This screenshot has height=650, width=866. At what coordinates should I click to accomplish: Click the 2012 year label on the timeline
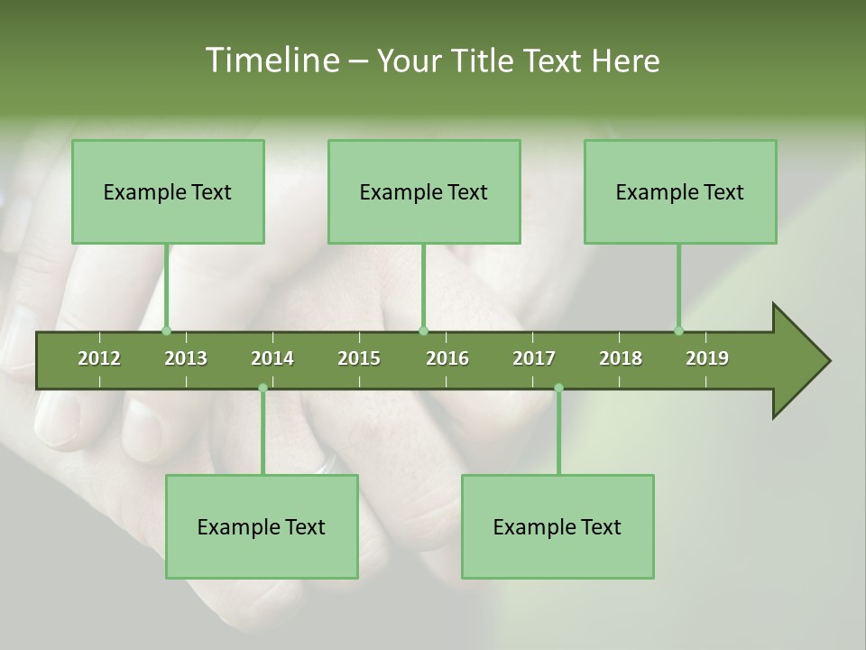[99, 358]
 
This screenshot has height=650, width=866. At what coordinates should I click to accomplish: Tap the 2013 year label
[186, 358]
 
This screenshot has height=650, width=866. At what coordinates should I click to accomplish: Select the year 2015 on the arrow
[359, 358]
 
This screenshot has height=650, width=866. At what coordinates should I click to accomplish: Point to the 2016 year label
[447, 358]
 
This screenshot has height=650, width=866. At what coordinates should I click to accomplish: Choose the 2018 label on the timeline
[621, 358]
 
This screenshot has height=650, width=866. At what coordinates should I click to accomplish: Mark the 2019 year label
[707, 358]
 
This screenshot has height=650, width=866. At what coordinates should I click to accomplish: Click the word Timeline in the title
[271, 60]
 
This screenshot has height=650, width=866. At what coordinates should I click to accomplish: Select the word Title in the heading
[483, 60]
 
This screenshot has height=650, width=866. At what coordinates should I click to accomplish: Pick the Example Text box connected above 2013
[168, 191]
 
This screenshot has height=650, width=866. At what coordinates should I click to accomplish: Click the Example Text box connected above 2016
[424, 191]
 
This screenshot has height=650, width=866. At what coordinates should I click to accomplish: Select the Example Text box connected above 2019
[680, 191]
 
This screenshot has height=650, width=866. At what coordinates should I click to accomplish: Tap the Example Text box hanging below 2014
[262, 526]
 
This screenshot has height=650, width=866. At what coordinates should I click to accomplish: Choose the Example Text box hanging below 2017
[557, 526]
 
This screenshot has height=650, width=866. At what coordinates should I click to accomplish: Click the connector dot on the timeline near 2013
[166, 330]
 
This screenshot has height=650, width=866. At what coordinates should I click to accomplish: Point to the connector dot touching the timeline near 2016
[424, 330]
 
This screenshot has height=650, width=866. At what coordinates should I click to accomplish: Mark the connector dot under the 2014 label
[263, 388]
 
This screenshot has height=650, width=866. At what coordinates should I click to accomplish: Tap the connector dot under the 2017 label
[558, 388]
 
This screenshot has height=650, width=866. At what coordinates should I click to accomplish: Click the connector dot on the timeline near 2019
[679, 330]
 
